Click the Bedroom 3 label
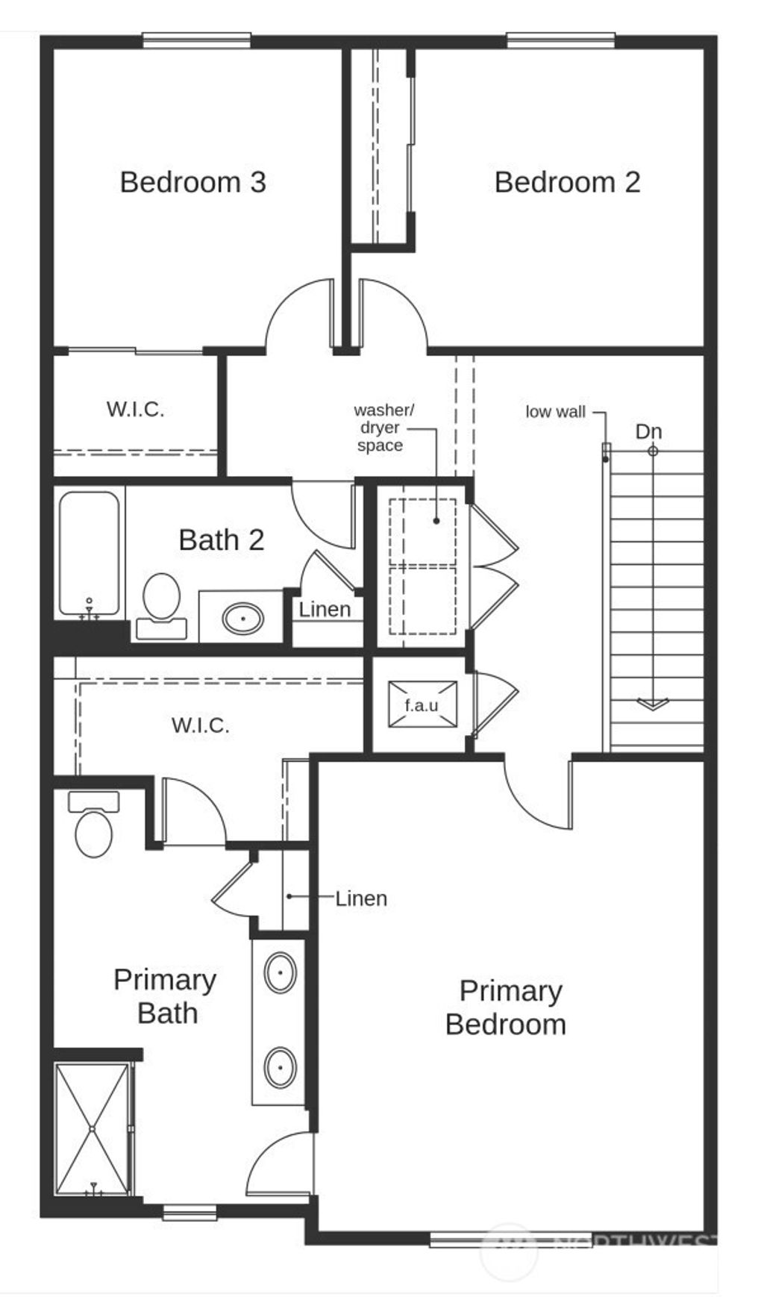click(x=192, y=182)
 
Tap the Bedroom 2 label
click(x=567, y=182)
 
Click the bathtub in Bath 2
click(x=89, y=552)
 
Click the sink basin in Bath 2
click(x=242, y=619)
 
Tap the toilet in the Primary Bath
click(x=94, y=828)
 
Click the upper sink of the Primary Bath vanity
click(x=281, y=972)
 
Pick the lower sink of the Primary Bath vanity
click(x=281, y=1068)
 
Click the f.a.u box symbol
click(x=422, y=704)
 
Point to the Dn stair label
click(x=648, y=431)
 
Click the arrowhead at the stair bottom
click(x=652, y=704)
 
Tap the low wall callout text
click(x=555, y=412)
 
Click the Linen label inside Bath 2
click(x=325, y=610)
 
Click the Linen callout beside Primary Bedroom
click(x=361, y=898)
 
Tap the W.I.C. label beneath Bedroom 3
click(x=135, y=409)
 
